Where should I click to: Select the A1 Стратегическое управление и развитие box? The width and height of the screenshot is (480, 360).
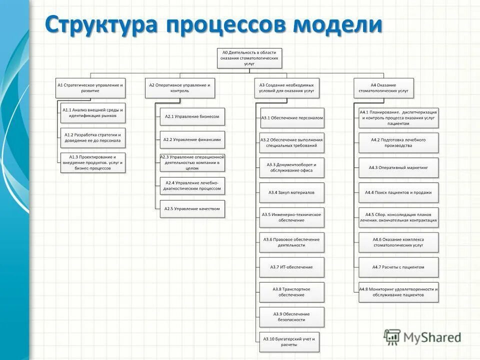pos(90,88)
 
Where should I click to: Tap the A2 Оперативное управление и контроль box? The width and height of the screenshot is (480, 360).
pos(179,88)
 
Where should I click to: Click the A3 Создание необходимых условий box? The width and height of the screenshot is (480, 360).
pos(287,88)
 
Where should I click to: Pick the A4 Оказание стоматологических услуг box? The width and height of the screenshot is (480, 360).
pos(383,88)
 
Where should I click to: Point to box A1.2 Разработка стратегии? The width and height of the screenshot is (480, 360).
pos(93,138)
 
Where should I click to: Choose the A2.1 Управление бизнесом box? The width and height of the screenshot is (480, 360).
pos(192,116)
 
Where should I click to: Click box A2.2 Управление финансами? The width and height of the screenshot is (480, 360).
pos(192,140)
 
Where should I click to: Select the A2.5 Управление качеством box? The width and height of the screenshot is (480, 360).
pos(192,209)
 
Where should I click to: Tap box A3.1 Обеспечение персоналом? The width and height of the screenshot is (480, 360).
pos(292,118)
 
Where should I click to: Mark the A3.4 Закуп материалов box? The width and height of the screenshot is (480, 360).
pos(292,192)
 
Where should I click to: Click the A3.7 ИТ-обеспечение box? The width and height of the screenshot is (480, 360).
pos(292,267)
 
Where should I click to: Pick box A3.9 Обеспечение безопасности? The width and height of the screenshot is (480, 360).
pos(292,317)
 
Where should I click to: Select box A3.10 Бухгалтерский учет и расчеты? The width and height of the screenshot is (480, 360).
pos(289,342)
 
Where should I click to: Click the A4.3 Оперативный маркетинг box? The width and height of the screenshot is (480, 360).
pos(398,168)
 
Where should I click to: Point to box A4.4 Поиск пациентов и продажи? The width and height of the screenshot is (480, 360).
pos(398,192)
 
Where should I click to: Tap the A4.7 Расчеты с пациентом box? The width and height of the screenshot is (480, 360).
pos(398,267)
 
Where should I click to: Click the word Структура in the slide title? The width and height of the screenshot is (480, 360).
pos(102,25)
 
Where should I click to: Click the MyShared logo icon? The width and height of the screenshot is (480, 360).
pos(392,337)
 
